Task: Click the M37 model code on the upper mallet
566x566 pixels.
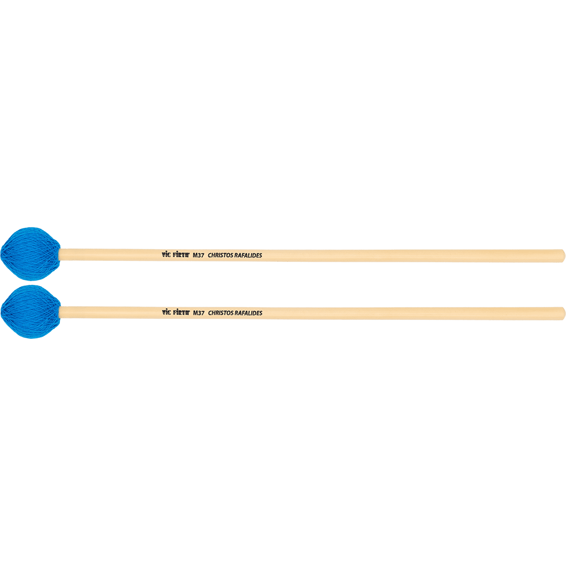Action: click(199, 255)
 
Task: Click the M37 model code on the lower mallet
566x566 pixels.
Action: click(199, 313)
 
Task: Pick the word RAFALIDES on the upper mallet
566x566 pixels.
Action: click(248, 255)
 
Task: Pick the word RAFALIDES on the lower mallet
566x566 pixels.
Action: click(248, 313)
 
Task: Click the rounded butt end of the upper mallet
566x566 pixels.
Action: click(562, 255)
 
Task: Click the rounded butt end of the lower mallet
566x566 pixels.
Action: click(562, 313)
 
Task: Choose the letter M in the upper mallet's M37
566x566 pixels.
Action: click(195, 255)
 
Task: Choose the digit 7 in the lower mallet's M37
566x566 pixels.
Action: click(202, 313)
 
